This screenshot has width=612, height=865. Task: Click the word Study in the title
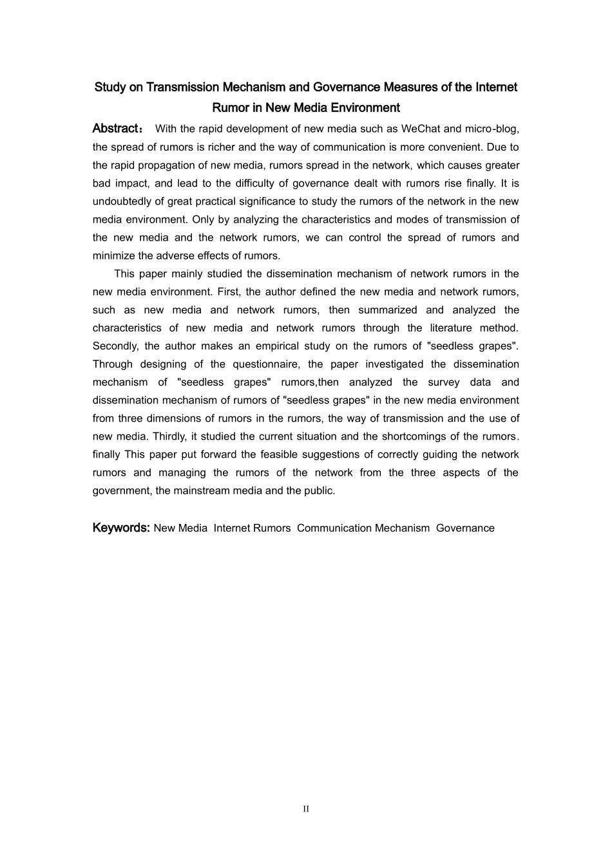[x=110, y=87]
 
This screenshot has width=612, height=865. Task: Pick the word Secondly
[x=115, y=346]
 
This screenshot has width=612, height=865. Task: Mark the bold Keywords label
[x=121, y=528]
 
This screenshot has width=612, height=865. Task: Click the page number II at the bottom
[x=306, y=809]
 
